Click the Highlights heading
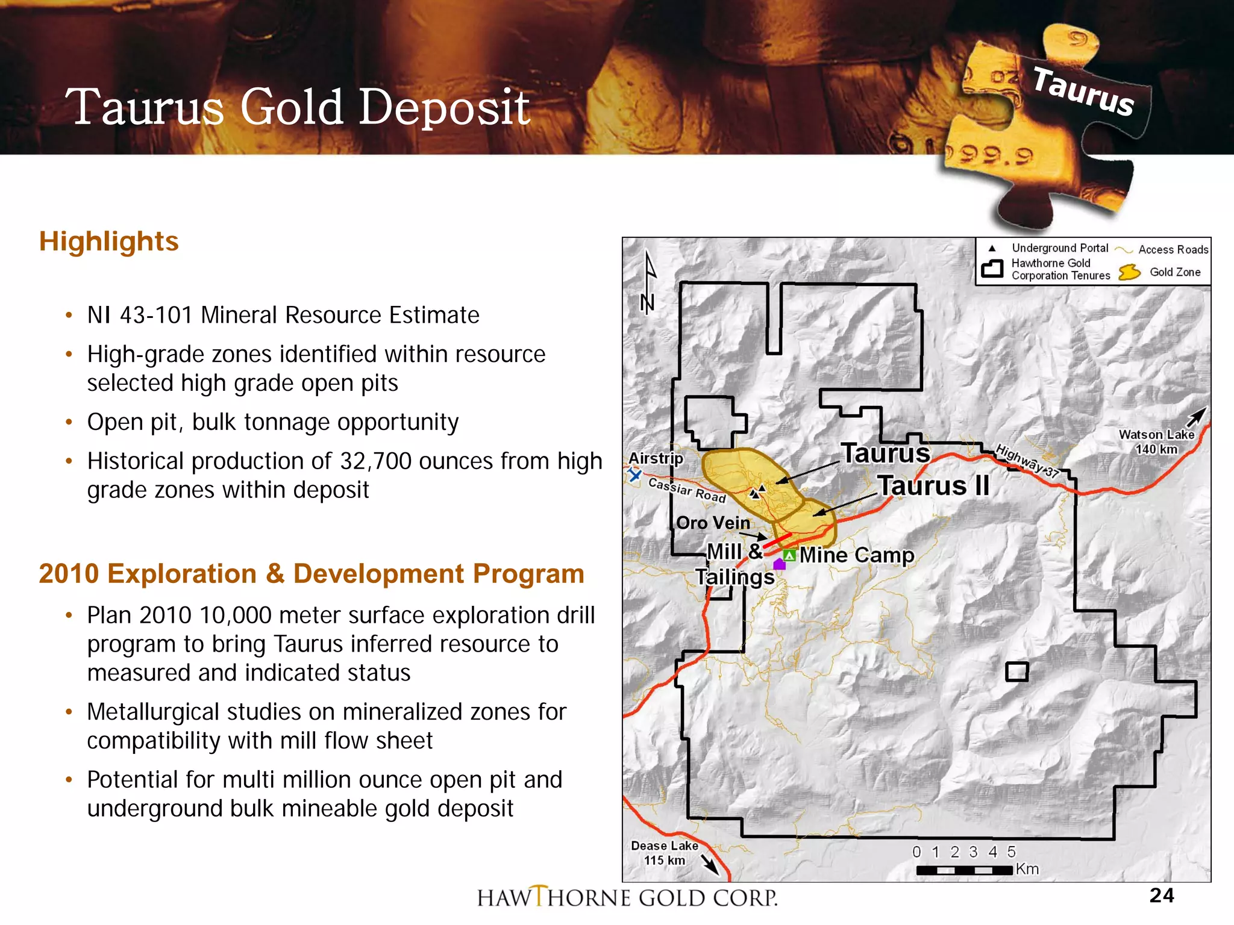click(x=108, y=241)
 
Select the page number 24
click(x=1161, y=895)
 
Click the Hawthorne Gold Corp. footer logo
click(x=627, y=897)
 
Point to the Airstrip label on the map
click(x=656, y=458)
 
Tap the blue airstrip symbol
click(x=634, y=475)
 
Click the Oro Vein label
click(x=713, y=523)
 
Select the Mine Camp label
click(x=856, y=555)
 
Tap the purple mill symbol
click(x=779, y=564)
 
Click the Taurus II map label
click(x=933, y=485)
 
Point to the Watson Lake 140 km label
click(x=1156, y=441)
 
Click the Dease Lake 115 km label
click(x=664, y=853)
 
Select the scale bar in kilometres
click(x=964, y=870)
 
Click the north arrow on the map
click(x=648, y=283)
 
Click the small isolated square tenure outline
click(x=1016, y=671)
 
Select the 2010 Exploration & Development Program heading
click(x=312, y=574)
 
